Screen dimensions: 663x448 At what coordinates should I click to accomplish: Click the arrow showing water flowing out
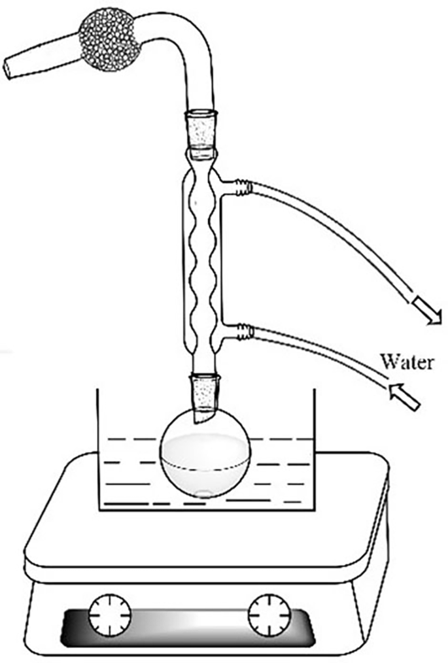pos(426,309)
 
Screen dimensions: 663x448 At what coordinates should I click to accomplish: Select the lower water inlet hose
pos(327,356)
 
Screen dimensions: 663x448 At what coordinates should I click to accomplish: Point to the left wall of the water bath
pos(98,451)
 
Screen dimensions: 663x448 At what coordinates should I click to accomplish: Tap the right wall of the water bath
pos(316,451)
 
